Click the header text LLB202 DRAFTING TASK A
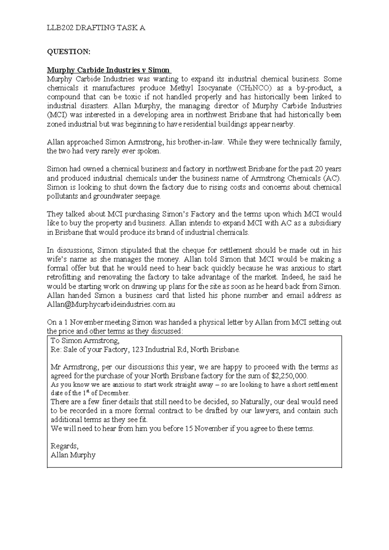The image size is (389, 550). (x=96, y=28)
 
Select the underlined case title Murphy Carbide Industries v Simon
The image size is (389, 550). (x=108, y=70)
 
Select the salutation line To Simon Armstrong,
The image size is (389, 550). (x=85, y=341)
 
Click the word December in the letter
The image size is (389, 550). (x=115, y=393)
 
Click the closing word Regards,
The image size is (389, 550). (x=65, y=446)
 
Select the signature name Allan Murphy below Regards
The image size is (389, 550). (x=73, y=455)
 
